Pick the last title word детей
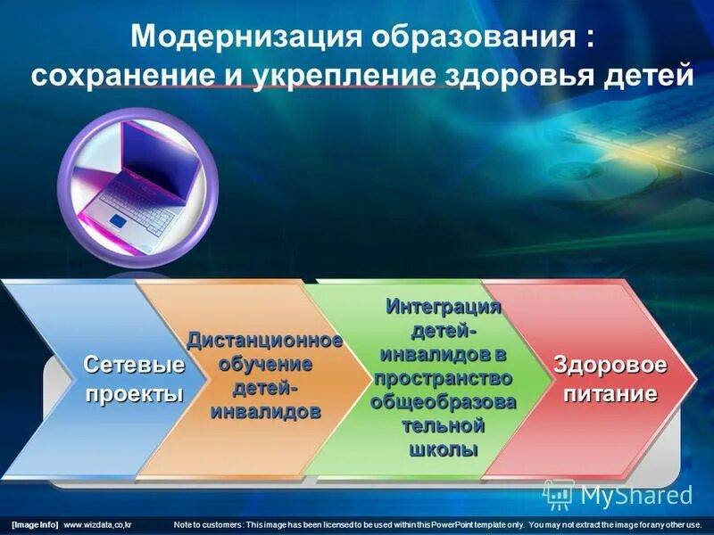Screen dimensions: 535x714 [644, 75]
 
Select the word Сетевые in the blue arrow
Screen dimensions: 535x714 [135, 365]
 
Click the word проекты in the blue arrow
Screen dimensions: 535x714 [135, 394]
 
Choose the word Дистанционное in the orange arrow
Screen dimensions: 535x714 [264, 342]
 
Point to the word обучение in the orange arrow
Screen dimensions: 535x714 [264, 365]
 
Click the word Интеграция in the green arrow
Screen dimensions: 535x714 [444, 308]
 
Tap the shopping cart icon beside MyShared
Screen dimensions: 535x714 [559, 494]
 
